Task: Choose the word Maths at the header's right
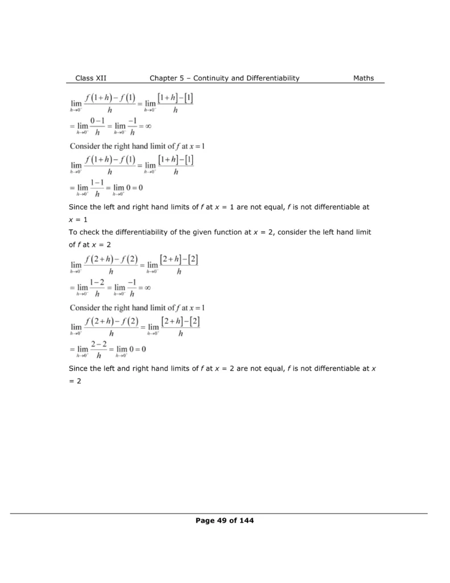(x=364, y=79)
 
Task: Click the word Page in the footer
(x=205, y=520)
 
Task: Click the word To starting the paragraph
(x=73, y=233)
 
